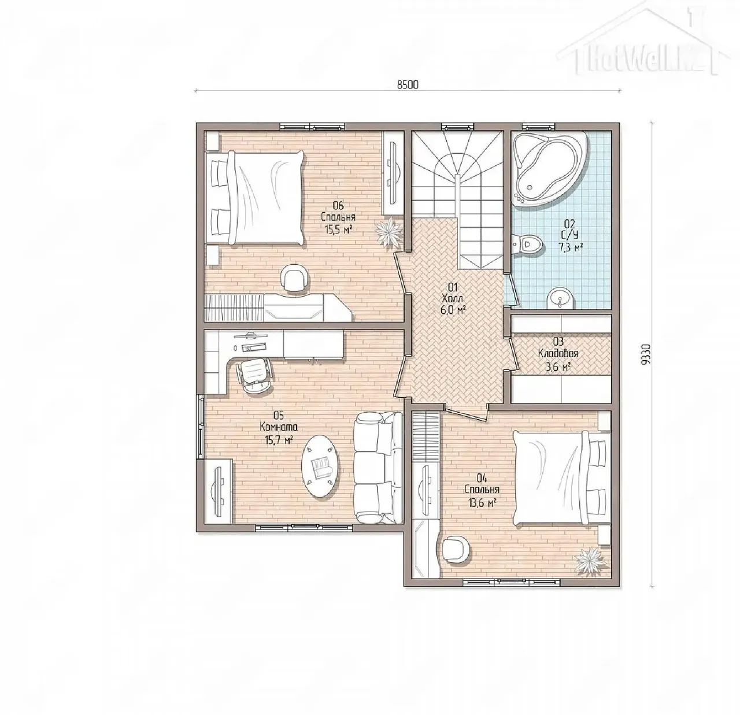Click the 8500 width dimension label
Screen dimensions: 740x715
pos(408,84)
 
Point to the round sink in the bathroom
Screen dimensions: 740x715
pos(561,298)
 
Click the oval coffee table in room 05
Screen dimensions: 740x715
pos(320,466)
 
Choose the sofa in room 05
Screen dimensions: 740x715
pos(378,469)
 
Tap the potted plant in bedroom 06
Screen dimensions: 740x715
pos(388,232)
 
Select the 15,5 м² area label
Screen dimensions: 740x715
pos(338,229)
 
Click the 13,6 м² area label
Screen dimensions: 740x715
pos(481,503)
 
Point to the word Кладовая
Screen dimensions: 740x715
pos(558,353)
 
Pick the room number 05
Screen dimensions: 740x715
pos(278,415)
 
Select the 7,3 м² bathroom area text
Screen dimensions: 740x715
pos(570,247)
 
